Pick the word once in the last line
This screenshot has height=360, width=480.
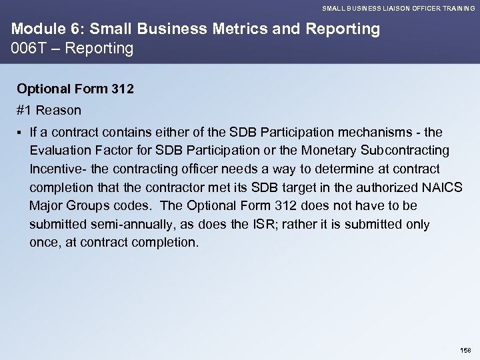(43, 243)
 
